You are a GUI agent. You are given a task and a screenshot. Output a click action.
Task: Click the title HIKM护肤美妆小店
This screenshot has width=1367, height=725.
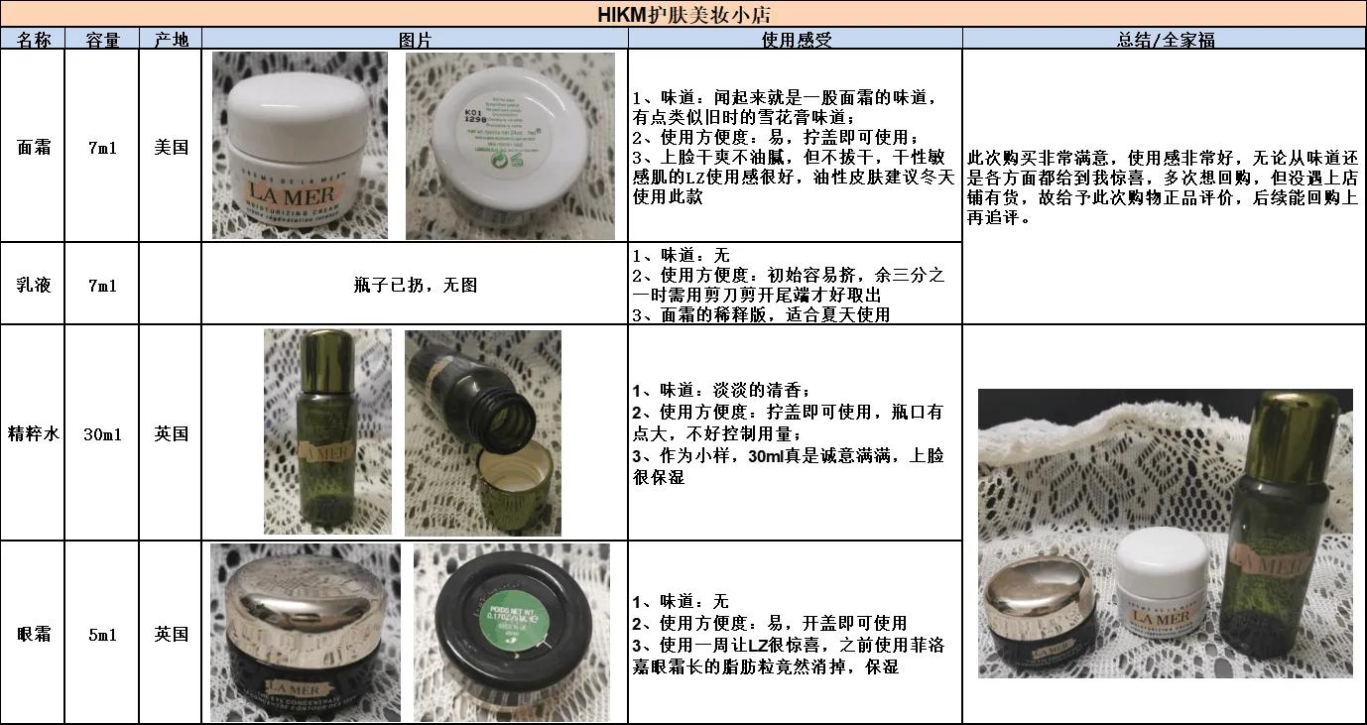pos(683,14)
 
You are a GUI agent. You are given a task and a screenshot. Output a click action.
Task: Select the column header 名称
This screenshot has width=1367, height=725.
pos(33,40)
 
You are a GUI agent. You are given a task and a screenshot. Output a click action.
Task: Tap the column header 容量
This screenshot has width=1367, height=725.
pos(102,40)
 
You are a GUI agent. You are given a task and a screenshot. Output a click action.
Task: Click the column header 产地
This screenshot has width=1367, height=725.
pos(171,40)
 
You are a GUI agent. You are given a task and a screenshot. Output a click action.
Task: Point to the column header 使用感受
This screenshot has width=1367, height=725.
pos(796,40)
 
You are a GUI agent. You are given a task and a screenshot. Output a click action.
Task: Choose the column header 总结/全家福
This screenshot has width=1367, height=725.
pos(1165,40)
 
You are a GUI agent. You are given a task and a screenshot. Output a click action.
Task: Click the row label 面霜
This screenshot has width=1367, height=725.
pos(33,147)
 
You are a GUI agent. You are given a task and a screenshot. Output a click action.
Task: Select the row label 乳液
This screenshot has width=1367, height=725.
pos(33,285)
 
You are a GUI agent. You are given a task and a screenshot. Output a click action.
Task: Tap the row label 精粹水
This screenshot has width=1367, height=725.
pos(33,433)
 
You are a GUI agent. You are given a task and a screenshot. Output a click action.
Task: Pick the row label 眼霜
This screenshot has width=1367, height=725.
pos(33,634)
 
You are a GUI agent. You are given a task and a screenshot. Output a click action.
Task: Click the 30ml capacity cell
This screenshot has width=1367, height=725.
pos(102,433)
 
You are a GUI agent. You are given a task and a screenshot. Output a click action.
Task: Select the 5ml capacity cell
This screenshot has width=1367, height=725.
pos(102,634)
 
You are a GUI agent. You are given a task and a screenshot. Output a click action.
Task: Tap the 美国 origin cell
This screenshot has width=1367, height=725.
pos(171,147)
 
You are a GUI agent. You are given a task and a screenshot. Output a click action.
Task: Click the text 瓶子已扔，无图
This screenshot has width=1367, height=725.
pos(415,285)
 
